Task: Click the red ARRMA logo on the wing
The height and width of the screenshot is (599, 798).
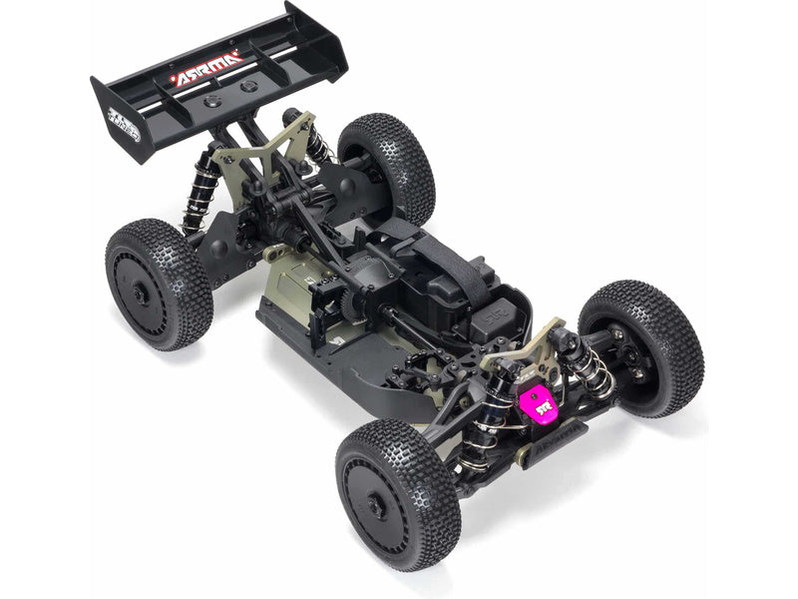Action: [x=206, y=69]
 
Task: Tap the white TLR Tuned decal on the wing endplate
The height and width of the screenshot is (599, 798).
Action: [x=122, y=124]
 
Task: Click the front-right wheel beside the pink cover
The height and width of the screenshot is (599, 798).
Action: [x=640, y=345]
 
